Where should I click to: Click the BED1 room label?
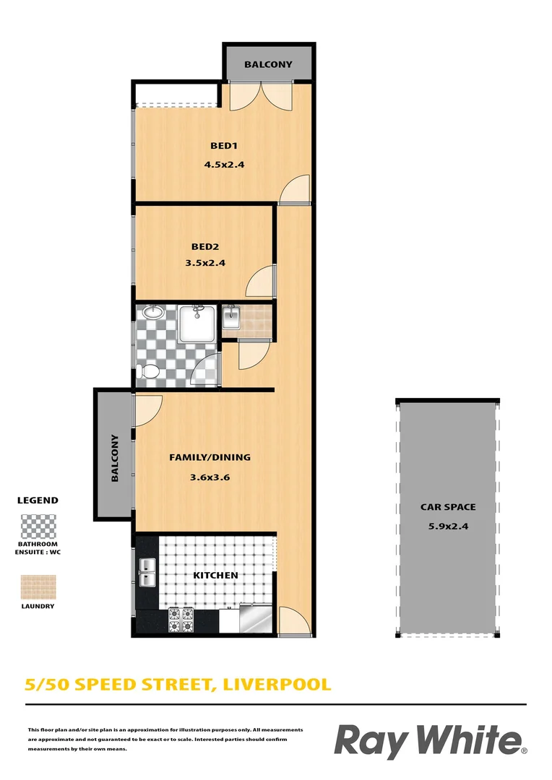pos(224,146)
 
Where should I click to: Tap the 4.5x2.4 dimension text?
pos(224,164)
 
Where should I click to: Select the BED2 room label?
pos(204,246)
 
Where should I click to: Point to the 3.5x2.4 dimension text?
pos(204,263)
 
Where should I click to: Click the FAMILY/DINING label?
pos(210,457)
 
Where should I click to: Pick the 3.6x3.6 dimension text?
pos(210,477)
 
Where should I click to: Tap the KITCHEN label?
pos(215,575)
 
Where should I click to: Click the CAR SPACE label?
pos(448,507)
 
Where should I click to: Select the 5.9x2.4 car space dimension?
pos(448,526)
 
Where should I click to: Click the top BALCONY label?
pos(268,64)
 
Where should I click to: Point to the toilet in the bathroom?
pos(150,372)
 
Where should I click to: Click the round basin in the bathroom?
pos(152,313)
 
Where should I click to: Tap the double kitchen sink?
pos(147,571)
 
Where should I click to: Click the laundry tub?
pos(231,317)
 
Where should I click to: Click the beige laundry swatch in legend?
pos(38,587)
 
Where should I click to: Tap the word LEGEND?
pos(38,500)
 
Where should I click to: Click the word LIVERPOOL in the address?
pos(277,683)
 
